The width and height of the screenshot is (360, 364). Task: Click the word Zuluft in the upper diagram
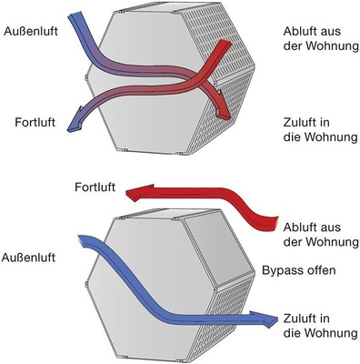299,118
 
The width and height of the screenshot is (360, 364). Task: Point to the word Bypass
283,271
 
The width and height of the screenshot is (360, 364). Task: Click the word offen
322,271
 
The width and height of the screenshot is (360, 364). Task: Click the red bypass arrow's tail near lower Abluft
271,220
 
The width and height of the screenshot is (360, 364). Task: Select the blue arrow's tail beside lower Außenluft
84,242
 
